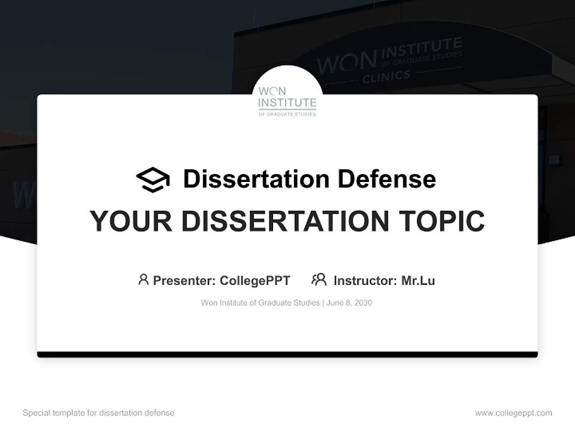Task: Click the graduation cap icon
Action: coord(153,180)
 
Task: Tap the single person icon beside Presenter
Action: coord(143,280)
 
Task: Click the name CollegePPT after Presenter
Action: coord(255,281)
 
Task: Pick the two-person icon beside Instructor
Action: coord(319,280)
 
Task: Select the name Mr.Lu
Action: coord(418,281)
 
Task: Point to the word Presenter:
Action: coord(184,281)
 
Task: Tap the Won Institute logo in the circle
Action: coord(287,100)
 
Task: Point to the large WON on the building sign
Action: coord(347,62)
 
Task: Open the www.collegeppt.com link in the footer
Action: coord(513,413)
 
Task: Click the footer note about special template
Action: coord(99,413)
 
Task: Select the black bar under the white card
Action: coord(287,355)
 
